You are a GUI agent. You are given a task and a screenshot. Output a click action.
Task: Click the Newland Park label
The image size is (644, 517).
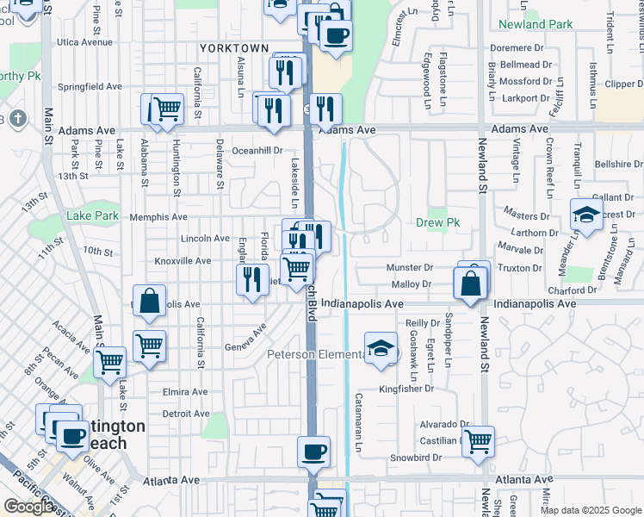(x=534, y=24)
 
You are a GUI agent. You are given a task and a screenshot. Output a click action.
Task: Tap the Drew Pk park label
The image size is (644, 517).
(x=437, y=222)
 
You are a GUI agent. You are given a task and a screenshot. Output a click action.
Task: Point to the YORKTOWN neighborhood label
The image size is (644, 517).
(x=233, y=48)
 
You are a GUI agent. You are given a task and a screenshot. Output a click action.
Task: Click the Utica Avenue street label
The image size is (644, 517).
(x=85, y=41)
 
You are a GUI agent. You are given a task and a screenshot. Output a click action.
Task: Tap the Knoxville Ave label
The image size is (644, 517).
(x=183, y=260)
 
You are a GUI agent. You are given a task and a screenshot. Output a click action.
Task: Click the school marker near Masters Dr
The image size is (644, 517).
(x=586, y=215)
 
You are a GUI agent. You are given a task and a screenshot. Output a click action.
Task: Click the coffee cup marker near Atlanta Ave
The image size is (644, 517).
(x=313, y=451)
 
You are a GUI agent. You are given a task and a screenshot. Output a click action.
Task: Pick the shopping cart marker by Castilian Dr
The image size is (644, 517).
(x=478, y=441)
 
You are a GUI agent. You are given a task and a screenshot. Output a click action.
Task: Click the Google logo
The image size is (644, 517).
(x=28, y=508)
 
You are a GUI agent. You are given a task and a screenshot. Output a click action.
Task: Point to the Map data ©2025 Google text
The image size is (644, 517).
(x=591, y=510)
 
